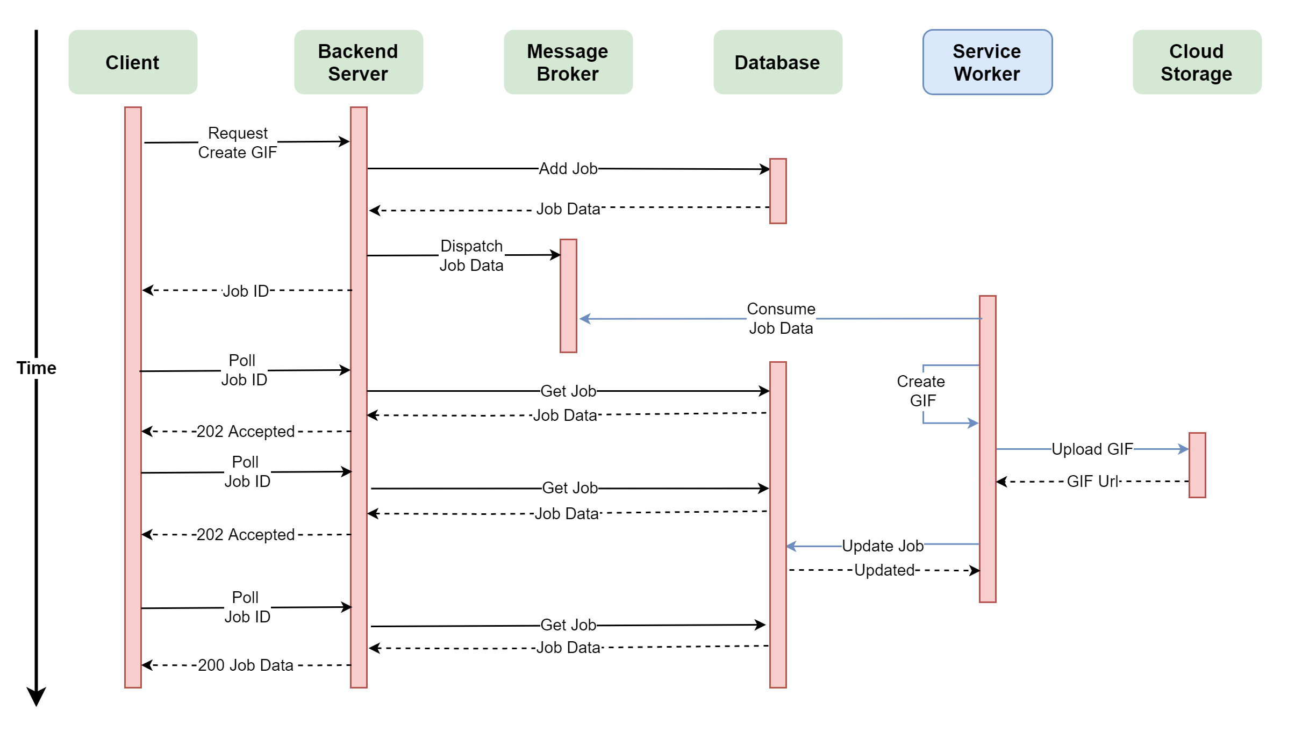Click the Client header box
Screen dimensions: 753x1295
pyautogui.click(x=133, y=62)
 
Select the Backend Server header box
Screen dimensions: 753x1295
pyautogui.click(x=359, y=62)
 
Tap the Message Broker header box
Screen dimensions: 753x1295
pyautogui.click(x=568, y=62)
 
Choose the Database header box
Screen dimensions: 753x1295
pyautogui.click(x=777, y=62)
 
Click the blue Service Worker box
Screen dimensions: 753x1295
pyautogui.click(x=987, y=62)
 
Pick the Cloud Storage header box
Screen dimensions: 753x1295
pyautogui.click(x=1197, y=62)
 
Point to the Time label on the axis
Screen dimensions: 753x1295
pyautogui.click(x=36, y=368)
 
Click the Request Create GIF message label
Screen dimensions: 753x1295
pyautogui.click(x=238, y=143)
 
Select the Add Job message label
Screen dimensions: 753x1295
pyautogui.click(x=568, y=169)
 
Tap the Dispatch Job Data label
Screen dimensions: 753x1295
pyautogui.click(x=471, y=256)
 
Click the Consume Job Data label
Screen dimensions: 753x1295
pyautogui.click(x=781, y=319)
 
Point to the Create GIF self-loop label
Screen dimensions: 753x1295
pyautogui.click(x=921, y=391)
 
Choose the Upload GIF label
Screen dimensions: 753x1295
pyautogui.click(x=1092, y=449)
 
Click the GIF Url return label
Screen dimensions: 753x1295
pyautogui.click(x=1092, y=482)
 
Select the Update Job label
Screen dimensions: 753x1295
pyautogui.click(x=882, y=546)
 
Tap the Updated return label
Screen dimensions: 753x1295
pyautogui.click(x=884, y=570)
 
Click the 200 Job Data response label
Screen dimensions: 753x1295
pyautogui.click(x=246, y=665)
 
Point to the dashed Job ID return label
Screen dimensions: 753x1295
pyautogui.click(x=246, y=291)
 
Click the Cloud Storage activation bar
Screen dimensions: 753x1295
pyautogui.click(x=1197, y=465)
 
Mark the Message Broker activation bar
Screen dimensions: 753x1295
pyautogui.click(x=568, y=296)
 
